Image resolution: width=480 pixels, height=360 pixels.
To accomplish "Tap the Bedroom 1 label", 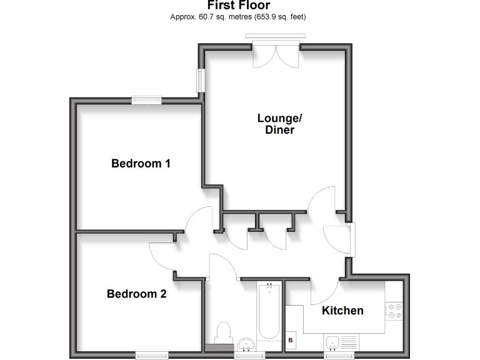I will pos(141,164).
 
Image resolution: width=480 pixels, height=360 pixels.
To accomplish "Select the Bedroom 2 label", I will pos(136,294).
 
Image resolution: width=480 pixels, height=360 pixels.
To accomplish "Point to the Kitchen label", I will pos(342,311).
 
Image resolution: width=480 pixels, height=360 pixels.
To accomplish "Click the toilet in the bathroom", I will pos(223,331).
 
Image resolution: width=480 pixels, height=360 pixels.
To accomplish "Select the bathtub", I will pos(269,312).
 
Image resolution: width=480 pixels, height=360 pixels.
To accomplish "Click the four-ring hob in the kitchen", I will pos(394,311).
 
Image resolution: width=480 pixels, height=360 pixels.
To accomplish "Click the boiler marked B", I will pos(291,340).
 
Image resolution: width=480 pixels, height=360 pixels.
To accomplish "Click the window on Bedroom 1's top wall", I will pos(146,99).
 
